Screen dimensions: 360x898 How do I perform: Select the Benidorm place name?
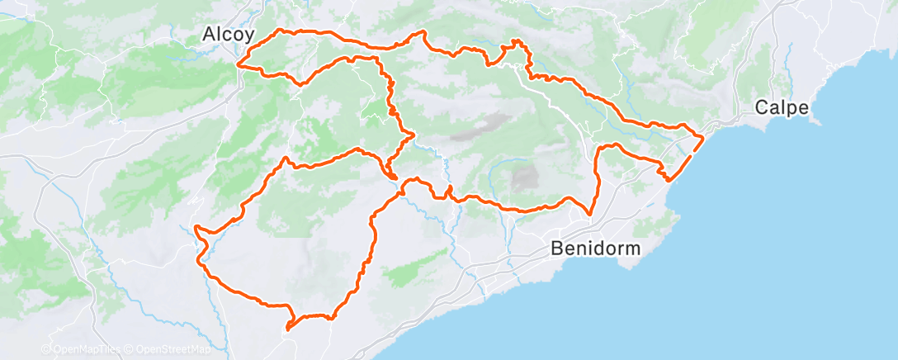coord(594,247)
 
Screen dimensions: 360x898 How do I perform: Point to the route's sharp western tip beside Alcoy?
coord(238,64)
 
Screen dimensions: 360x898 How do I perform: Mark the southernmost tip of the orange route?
coord(287,329)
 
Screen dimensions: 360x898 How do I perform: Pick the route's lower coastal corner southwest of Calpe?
coord(667,179)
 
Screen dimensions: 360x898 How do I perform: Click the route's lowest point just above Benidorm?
coord(589,215)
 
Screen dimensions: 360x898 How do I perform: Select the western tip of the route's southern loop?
coord(196,226)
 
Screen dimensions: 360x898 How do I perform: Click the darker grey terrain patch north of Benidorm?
coord(523,176)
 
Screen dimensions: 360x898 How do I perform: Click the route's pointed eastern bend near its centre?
coord(412,134)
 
